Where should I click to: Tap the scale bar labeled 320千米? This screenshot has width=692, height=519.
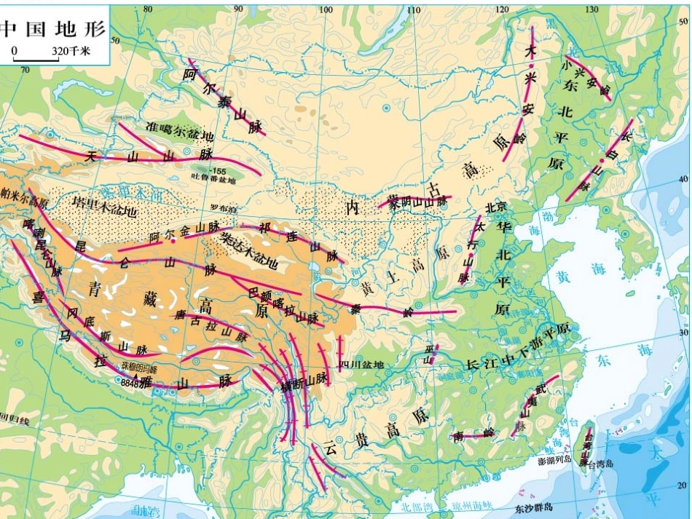(50, 52)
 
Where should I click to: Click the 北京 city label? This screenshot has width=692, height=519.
(495, 207)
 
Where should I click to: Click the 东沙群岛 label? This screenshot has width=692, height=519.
(532, 507)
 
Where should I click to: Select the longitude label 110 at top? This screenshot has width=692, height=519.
(414, 9)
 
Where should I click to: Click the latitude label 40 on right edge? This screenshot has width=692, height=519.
(683, 179)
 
